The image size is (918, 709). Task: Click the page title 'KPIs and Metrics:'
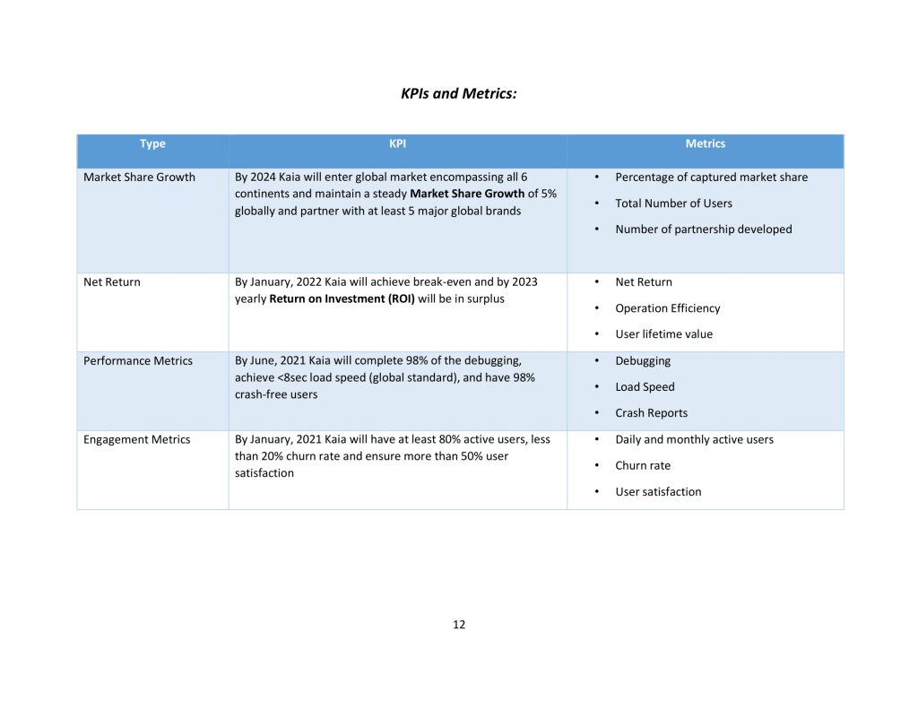459,93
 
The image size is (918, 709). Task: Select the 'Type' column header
152,143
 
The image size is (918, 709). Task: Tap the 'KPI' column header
397,143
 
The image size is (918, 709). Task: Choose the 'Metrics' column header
705,143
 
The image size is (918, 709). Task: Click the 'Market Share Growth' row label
139,177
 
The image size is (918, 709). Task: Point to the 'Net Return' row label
112,282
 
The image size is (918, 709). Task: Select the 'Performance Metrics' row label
138,361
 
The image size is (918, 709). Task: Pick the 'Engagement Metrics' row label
137,440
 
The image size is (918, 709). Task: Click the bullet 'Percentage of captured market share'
711,177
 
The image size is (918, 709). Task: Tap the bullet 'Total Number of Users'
673,203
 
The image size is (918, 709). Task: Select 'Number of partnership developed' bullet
703,229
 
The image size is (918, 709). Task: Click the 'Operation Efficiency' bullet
667,308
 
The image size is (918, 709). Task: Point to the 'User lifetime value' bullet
663,334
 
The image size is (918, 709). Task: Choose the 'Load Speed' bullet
645,387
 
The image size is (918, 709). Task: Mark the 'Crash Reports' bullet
651,413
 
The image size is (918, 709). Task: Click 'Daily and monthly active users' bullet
694,440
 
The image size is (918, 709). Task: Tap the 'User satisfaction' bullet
658,492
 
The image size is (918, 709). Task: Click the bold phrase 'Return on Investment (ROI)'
342,299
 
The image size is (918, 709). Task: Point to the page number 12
459,625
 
